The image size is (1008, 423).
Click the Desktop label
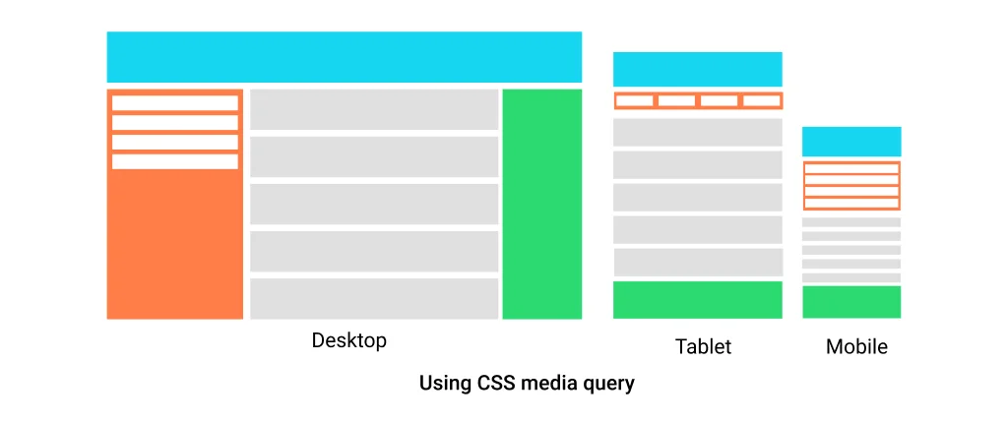[x=348, y=341]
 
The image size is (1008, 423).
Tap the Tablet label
[x=703, y=346]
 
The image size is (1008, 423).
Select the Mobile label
[x=856, y=346]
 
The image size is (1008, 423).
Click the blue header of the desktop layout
[x=344, y=57]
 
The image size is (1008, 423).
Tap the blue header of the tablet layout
[x=697, y=69]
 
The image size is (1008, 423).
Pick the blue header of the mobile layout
[x=851, y=141]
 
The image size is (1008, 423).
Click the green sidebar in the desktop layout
[x=541, y=204]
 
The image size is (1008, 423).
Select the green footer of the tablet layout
[x=697, y=300]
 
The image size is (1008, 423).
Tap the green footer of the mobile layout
[x=851, y=302]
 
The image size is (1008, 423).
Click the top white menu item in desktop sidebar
[x=175, y=103]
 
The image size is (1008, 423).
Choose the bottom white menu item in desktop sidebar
[x=175, y=161]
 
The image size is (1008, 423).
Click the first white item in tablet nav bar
[x=634, y=100]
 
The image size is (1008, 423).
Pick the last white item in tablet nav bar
[x=760, y=100]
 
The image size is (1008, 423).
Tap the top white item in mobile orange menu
[x=851, y=168]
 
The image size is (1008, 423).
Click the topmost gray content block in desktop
[x=374, y=109]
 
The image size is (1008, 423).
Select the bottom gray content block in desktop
[x=374, y=298]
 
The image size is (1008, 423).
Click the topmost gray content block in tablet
[x=697, y=132]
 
